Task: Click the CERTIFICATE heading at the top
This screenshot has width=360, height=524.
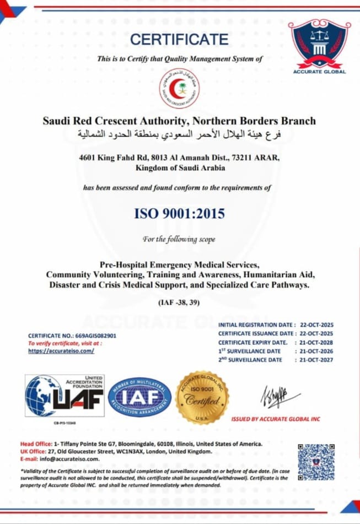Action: [x=179, y=39]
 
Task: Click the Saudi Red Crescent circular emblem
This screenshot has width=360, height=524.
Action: [x=180, y=88]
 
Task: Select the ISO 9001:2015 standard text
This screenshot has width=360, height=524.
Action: [x=180, y=213]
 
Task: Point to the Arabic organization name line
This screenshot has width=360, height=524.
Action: [x=179, y=134]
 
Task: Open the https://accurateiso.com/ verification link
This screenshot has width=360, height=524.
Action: [x=61, y=350]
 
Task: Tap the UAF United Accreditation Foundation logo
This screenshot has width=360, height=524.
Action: [x=65, y=395]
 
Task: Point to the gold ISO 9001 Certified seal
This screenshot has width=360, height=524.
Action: [x=202, y=397]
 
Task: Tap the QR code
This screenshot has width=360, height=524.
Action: [x=316, y=462]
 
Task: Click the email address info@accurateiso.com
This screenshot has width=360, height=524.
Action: [x=69, y=458]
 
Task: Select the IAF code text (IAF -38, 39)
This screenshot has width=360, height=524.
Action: [x=180, y=302]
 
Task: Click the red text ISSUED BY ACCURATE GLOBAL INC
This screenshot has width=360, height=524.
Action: [x=276, y=419]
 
